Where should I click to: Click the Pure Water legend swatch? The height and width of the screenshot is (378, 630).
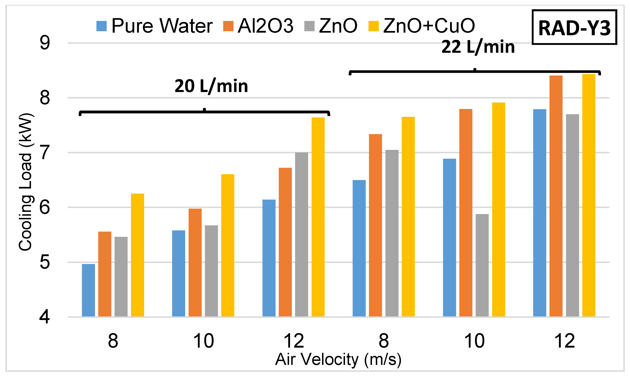tap(101, 26)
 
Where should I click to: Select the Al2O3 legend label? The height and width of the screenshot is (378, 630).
tap(265, 26)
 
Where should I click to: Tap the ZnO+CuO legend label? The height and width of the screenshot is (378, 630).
tap(429, 26)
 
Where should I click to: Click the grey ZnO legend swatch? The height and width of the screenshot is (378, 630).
tap(309, 26)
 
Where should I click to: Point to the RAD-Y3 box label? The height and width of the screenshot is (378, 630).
tap(574, 28)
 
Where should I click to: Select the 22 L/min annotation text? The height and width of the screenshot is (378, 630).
tap(478, 47)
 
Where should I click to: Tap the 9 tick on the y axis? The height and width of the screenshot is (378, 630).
tap(45, 43)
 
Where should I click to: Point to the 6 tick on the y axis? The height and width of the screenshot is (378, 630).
tap(45, 207)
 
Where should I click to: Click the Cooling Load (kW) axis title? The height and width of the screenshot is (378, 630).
tap(25, 182)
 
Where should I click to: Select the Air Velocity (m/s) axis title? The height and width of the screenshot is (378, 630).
tap(338, 359)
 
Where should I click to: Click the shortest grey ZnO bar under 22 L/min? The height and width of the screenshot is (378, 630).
tap(482, 265)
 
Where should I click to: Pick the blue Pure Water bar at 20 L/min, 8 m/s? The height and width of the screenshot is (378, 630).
tap(88, 290)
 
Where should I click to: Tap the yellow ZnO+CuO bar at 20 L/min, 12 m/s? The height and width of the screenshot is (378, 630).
tap(318, 217)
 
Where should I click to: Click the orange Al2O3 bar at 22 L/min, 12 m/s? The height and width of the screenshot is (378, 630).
tap(556, 196)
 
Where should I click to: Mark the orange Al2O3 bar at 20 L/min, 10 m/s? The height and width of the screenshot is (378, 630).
tap(195, 262)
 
